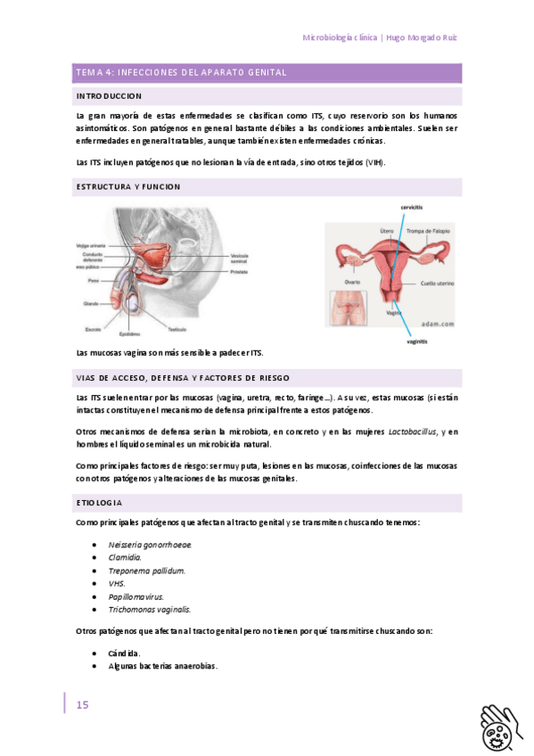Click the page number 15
[82, 704]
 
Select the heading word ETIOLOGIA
[99, 504]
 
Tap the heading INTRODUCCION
[109, 95]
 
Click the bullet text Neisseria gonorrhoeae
[150, 545]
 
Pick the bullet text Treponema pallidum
[146, 571]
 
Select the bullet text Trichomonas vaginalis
[149, 610]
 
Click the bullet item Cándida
[124, 653]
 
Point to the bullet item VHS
[117, 584]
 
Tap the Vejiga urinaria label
[92, 245]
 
